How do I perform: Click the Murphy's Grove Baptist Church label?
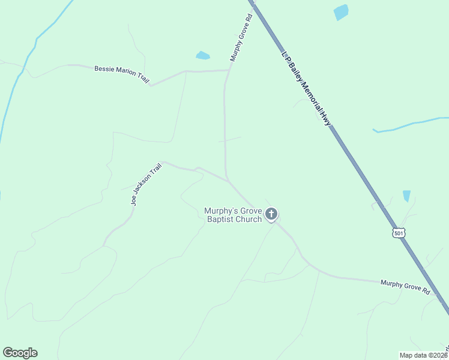233,215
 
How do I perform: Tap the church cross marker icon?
271,214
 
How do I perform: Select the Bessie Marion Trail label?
122,74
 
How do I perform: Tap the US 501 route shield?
400,232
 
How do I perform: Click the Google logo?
20,353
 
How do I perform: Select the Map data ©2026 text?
424,355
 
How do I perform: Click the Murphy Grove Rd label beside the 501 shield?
405,287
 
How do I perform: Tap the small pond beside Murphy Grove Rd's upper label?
202,56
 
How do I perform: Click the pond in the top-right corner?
341,12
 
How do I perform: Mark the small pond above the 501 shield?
406,196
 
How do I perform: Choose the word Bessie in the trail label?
104,69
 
